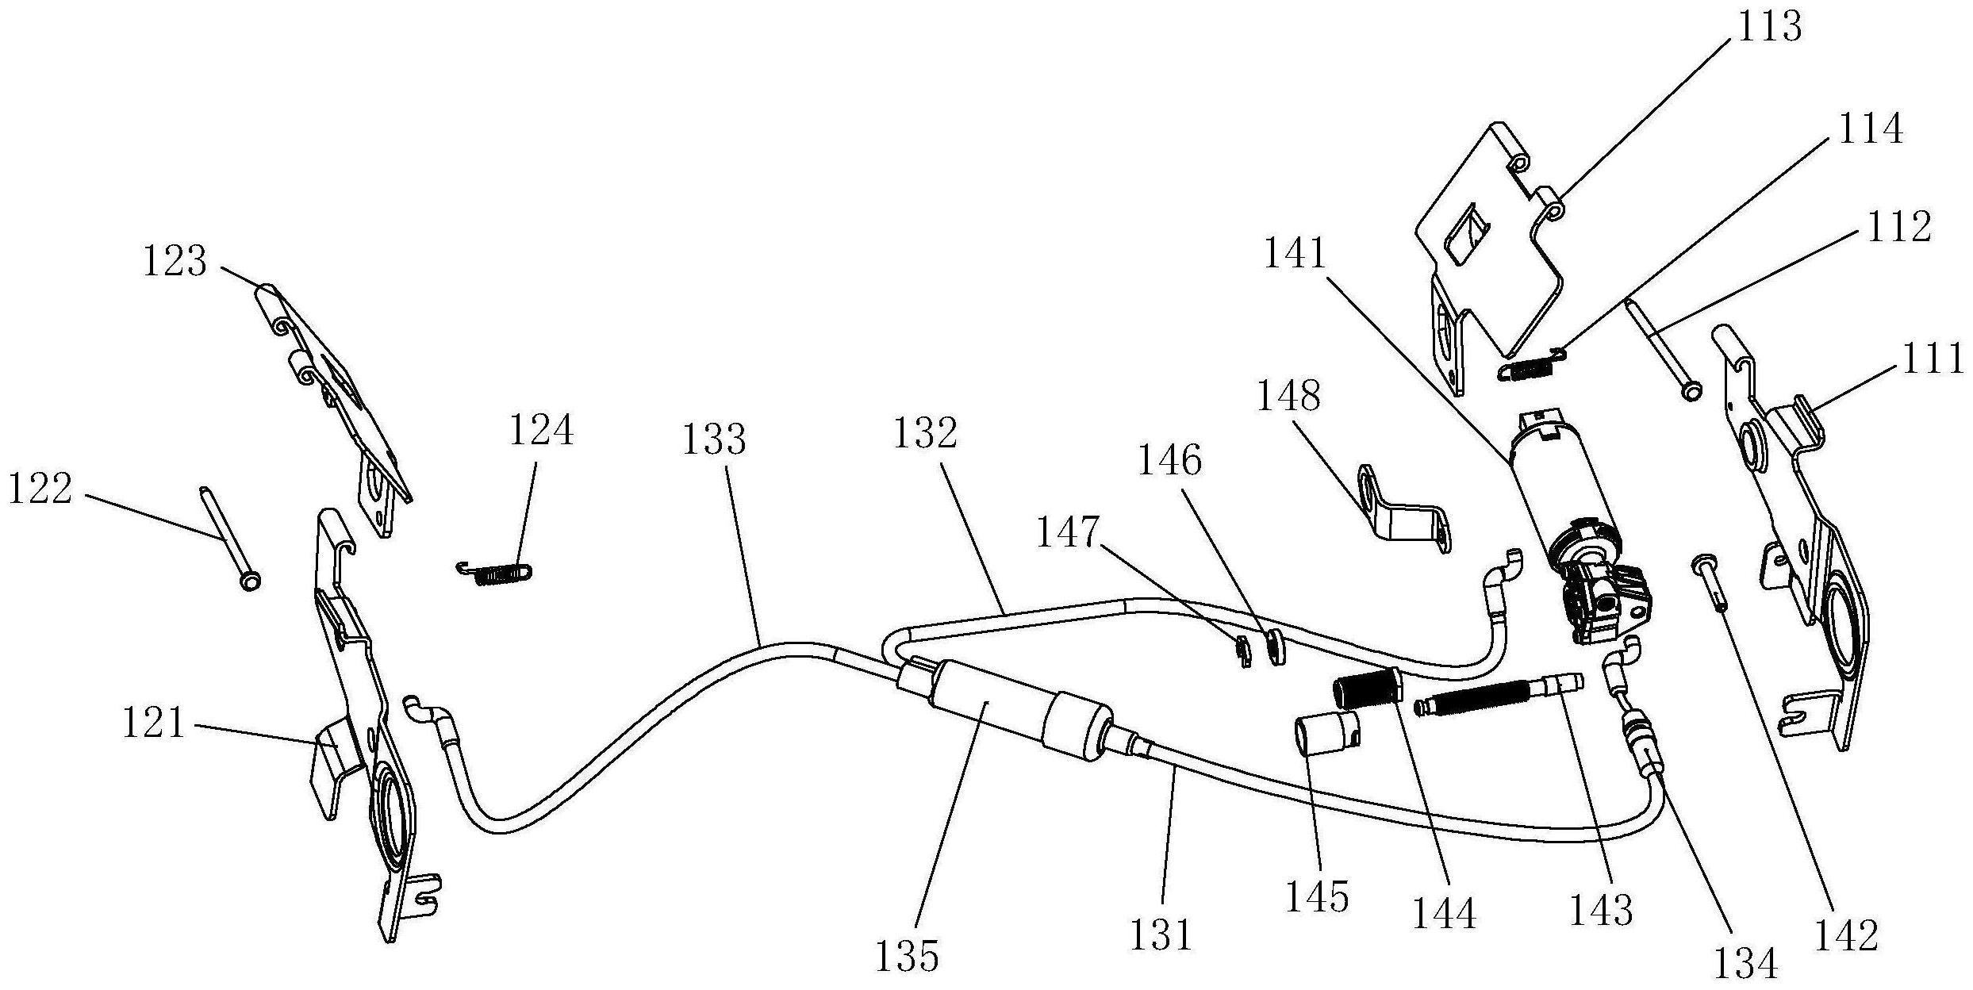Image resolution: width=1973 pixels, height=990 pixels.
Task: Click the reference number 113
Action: tap(1769, 28)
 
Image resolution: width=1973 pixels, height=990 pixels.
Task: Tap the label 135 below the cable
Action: tap(907, 957)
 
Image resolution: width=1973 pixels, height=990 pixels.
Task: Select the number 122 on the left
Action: tap(40, 489)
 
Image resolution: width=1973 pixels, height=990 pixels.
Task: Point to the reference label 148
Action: tap(1288, 395)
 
